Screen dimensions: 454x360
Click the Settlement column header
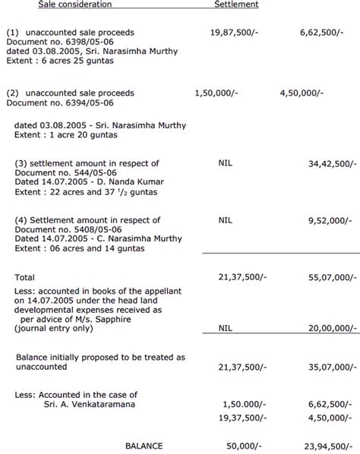pos(236,5)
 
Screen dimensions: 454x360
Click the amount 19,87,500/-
pos(235,33)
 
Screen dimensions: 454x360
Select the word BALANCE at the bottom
pos(145,446)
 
